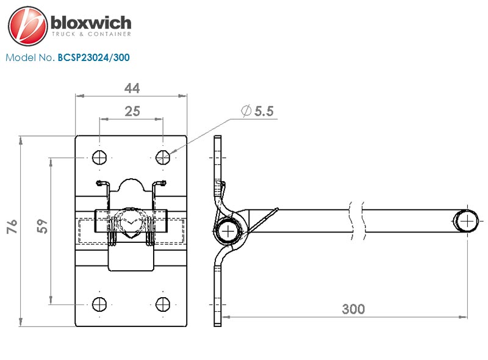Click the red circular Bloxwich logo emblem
pyautogui.click(x=27, y=26)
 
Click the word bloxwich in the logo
pyautogui.click(x=91, y=23)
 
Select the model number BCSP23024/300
pyautogui.click(x=94, y=57)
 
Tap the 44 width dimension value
pyautogui.click(x=132, y=88)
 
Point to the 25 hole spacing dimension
pyautogui.click(x=132, y=111)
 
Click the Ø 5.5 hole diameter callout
pyautogui.click(x=257, y=111)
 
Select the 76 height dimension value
pyautogui.click(x=12, y=226)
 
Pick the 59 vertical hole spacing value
pyautogui.click(x=42, y=226)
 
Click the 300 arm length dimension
pyautogui.click(x=353, y=309)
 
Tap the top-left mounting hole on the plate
pyautogui.click(x=99, y=157)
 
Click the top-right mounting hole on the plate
pyautogui.click(x=163, y=157)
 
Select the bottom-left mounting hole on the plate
pyautogui.click(x=99, y=304)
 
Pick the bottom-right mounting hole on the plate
pyautogui.click(x=163, y=304)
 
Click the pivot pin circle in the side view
pyautogui.click(x=228, y=231)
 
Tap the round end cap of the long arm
pyautogui.click(x=465, y=221)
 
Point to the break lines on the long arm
pyautogui.click(x=358, y=221)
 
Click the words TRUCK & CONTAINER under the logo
pyautogui.click(x=91, y=34)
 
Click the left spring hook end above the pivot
pyautogui.click(x=100, y=184)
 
